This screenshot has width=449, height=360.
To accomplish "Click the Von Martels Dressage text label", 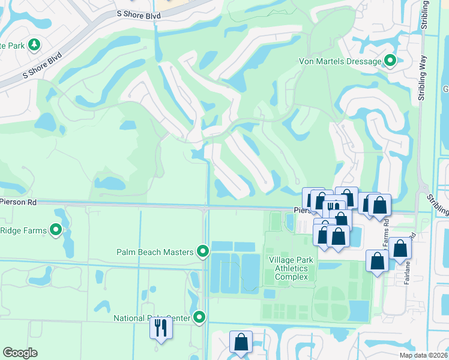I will (340, 61).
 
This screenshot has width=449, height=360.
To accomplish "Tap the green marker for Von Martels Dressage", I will (390, 61).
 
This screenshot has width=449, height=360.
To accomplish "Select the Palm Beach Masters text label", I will (155, 251).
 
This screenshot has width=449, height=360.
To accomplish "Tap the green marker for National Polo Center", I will (199, 317).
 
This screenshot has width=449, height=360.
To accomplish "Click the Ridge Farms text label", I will (24, 230).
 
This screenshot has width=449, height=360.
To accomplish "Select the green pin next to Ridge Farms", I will (56, 230).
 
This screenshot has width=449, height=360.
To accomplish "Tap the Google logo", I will (20, 353).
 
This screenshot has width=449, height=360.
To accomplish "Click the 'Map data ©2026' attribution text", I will (423, 355).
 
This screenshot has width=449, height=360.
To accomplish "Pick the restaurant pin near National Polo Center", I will (160, 328).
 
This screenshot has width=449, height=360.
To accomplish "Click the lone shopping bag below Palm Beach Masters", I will (241, 343).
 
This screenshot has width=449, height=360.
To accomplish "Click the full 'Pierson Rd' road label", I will (18, 203).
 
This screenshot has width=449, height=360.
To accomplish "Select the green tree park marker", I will (34, 45).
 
